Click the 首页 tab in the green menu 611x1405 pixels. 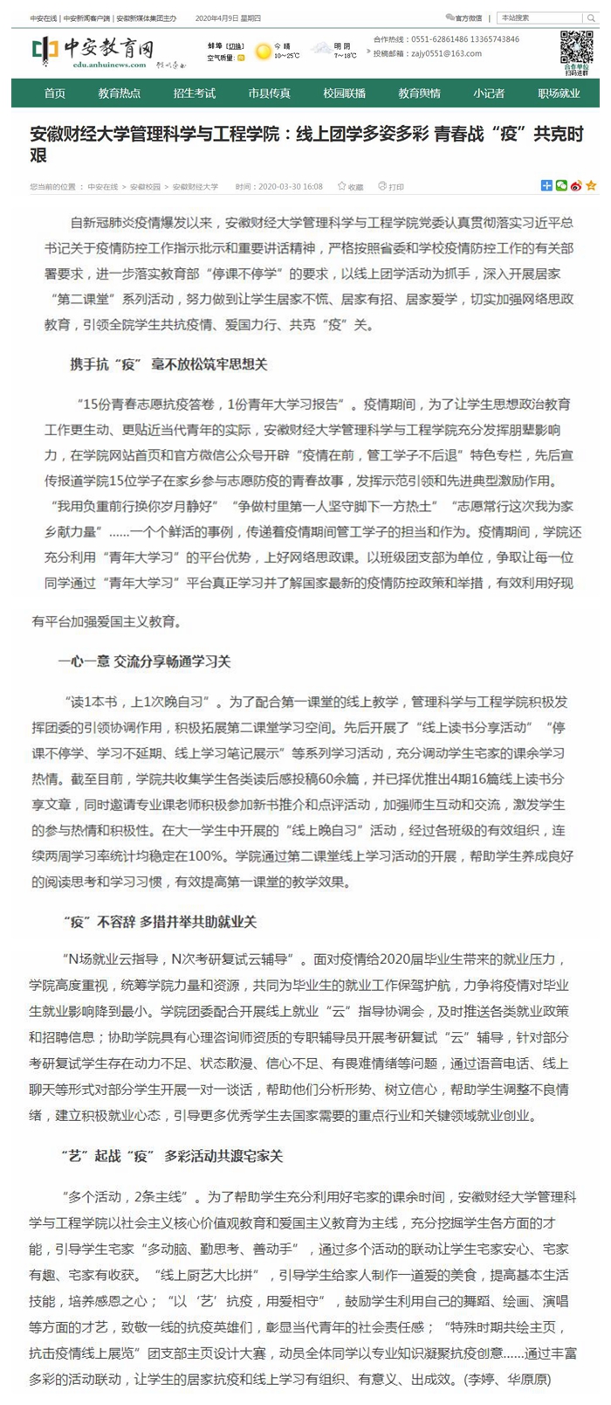54,93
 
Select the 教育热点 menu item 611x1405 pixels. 119,93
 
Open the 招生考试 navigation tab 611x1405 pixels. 194,93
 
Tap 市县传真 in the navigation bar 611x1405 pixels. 269,93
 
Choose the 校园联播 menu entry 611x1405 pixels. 344,93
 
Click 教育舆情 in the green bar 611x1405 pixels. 419,93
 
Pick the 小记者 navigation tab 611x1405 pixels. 489,93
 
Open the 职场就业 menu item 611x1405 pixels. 559,93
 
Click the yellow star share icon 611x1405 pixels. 591,186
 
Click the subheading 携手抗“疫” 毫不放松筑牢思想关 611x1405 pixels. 168,364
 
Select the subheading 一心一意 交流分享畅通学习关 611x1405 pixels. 144,661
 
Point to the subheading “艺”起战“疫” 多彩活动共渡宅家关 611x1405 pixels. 172,1156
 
